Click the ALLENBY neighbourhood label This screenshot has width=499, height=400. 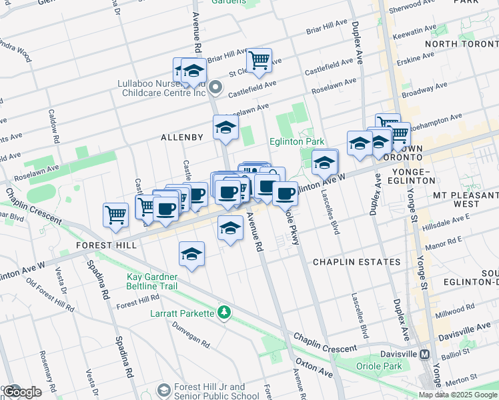[x=181, y=137]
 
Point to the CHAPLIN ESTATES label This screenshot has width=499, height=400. [x=356, y=262]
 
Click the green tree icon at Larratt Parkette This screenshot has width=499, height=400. [x=225, y=312]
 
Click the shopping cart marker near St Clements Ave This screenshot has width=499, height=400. [x=259, y=60]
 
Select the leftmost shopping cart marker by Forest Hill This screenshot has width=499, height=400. [x=115, y=215]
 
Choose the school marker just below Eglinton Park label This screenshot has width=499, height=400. [x=324, y=162]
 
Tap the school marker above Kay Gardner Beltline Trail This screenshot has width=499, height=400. [x=191, y=254]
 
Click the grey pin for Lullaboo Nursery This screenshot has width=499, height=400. [x=215, y=87]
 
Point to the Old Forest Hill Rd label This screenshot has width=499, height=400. [x=50, y=295]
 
